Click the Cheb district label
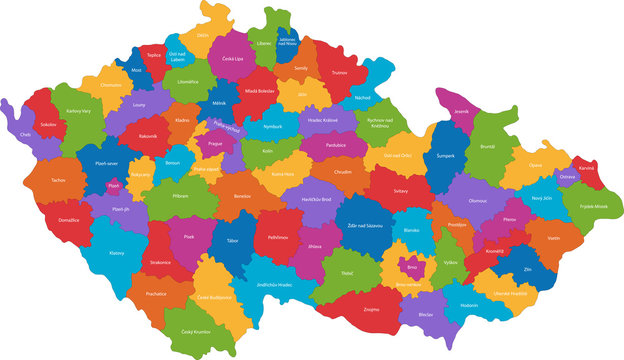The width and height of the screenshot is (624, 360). pos(25,135)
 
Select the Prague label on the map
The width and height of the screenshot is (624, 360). pos(215,143)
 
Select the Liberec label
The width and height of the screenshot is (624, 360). pos(264,45)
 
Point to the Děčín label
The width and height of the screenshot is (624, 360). pos(203,35)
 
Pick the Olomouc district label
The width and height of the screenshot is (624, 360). pos(479,200)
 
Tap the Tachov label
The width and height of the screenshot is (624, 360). pos(58,181)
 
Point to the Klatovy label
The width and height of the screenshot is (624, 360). pos(117,253)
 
